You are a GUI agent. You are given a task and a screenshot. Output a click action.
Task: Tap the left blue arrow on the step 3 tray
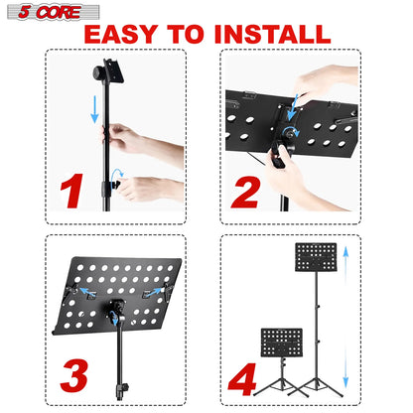[92, 294]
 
